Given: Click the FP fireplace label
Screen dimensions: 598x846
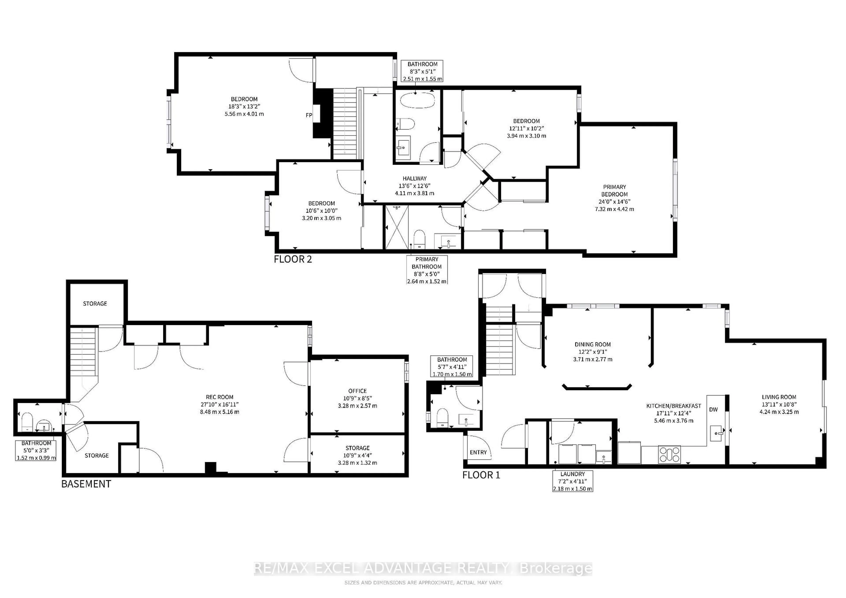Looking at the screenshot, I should click(x=309, y=115).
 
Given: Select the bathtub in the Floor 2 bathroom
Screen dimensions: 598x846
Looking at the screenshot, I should click(x=417, y=100).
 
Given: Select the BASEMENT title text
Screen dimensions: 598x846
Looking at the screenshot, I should click(x=86, y=484).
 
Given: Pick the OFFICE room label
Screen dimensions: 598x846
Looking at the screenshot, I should click(x=357, y=391).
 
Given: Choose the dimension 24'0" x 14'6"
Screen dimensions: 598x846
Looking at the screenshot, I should click(x=614, y=201).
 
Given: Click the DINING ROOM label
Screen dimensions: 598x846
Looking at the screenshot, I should click(x=592, y=344).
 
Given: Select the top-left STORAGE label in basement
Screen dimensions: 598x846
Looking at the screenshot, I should click(x=95, y=303).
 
